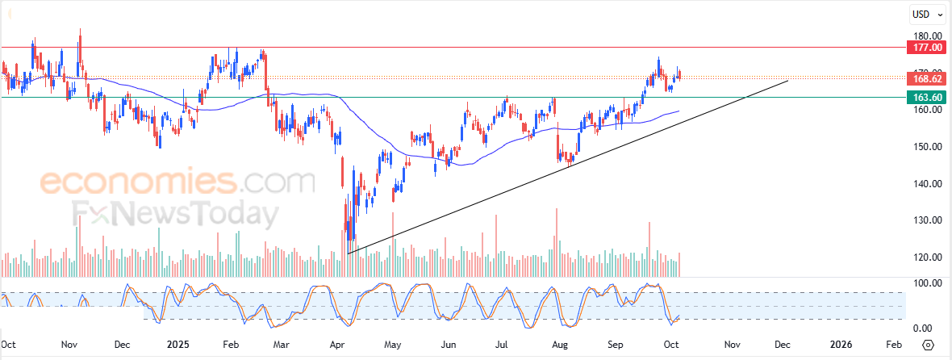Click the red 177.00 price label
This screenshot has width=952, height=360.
pyautogui.click(x=927, y=48)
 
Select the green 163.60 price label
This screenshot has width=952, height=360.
pyautogui.click(x=927, y=98)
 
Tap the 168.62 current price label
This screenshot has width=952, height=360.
pyautogui.click(x=927, y=79)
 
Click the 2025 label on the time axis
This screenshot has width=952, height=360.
pyautogui.click(x=176, y=345)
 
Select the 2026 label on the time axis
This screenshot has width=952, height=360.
pyautogui.click(x=841, y=345)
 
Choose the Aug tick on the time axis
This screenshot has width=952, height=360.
pyautogui.click(x=561, y=345)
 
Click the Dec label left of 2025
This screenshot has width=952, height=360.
pyautogui.click(x=122, y=345)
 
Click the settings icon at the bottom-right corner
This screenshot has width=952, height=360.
pyautogui.click(x=928, y=345)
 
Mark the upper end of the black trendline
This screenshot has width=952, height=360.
pyautogui.click(x=787, y=81)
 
